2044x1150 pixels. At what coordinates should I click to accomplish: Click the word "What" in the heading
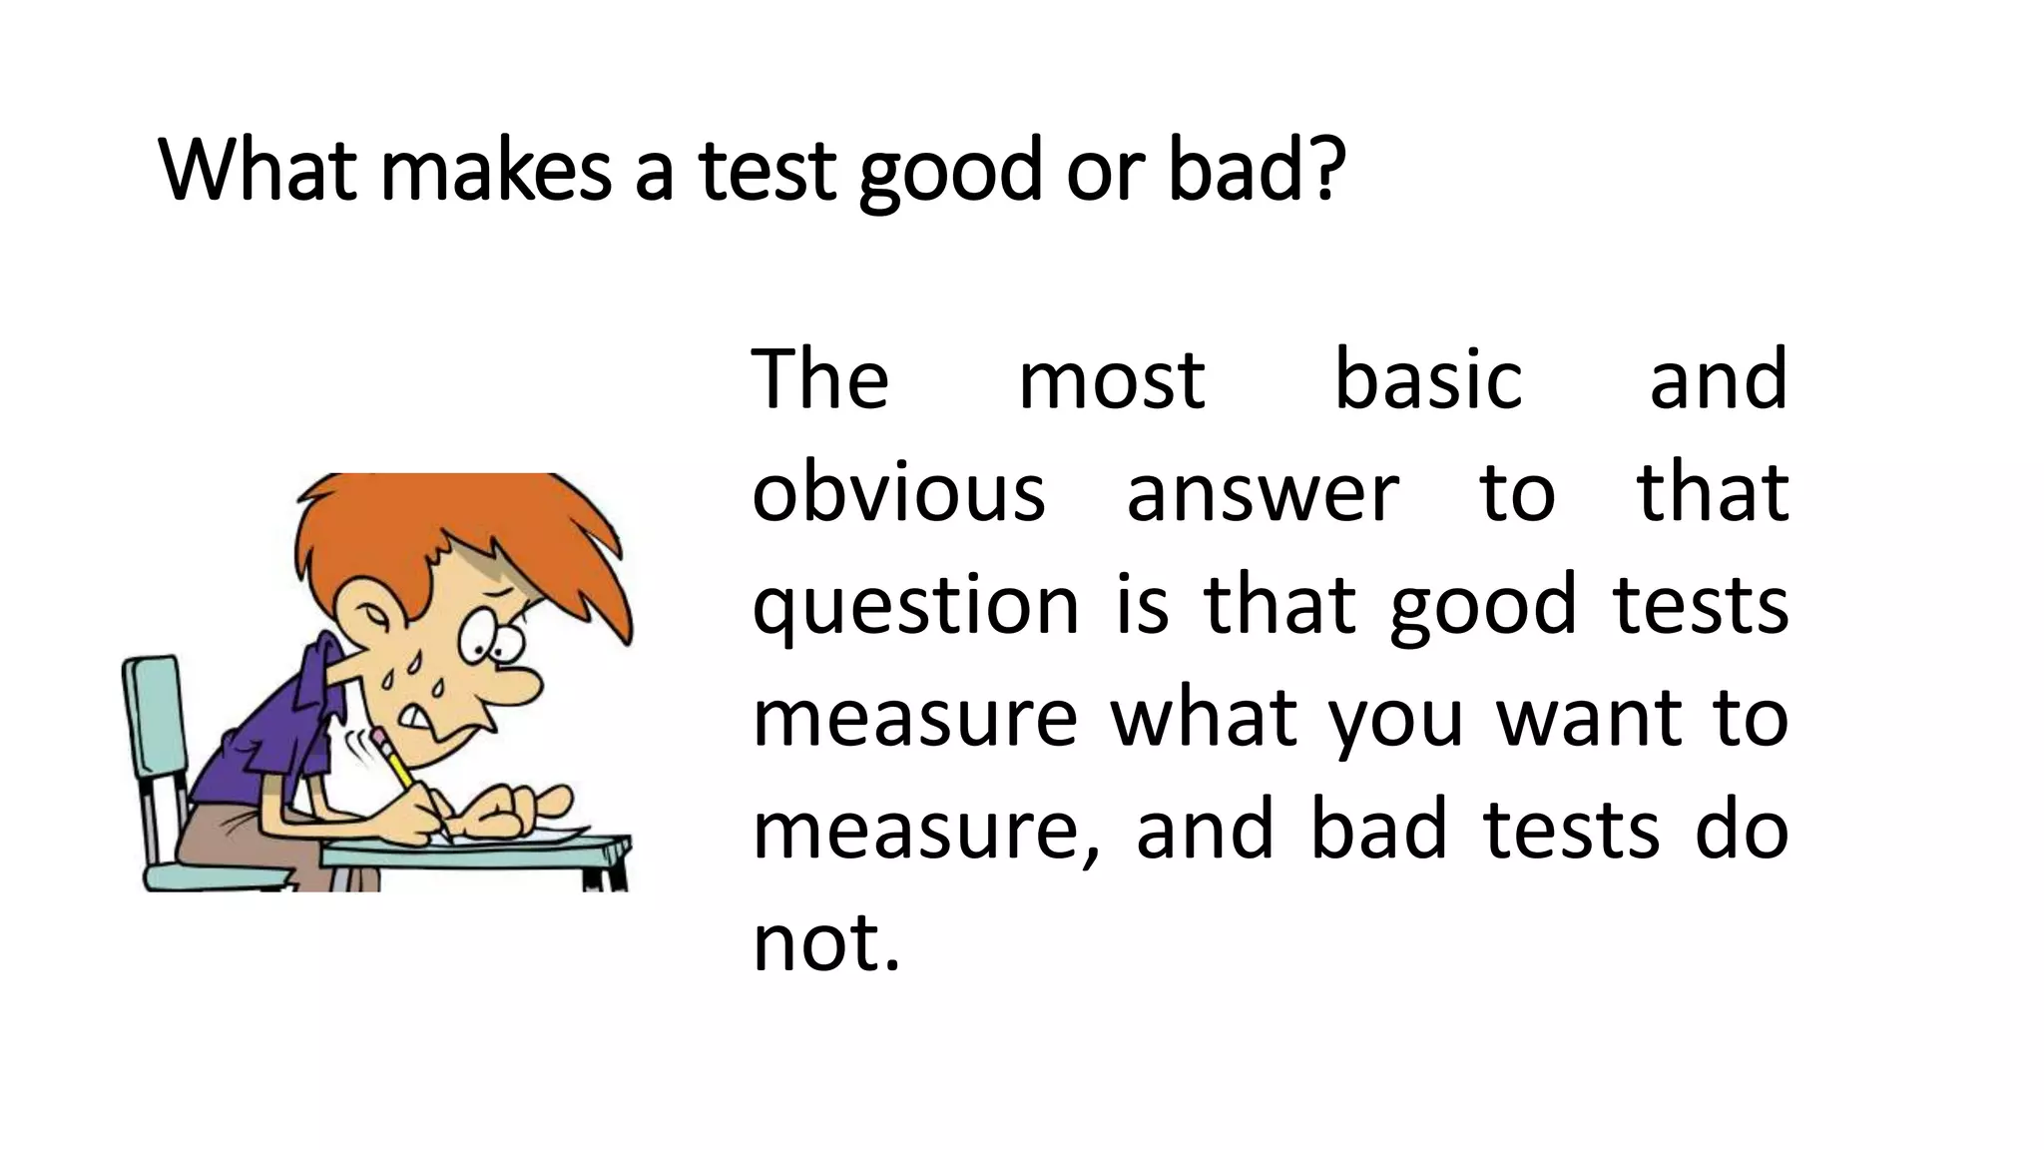[x=256, y=171]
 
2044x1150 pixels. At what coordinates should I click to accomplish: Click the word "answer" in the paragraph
[x=1263, y=494]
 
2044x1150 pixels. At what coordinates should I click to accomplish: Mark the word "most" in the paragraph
[x=1111, y=381]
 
